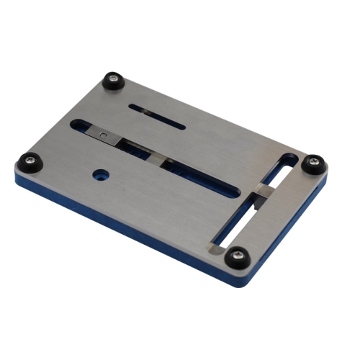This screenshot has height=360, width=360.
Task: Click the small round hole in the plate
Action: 99,174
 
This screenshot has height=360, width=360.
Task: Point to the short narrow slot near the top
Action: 157,117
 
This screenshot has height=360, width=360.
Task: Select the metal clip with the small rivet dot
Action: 105,135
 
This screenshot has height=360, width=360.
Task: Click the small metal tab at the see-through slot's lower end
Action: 217,248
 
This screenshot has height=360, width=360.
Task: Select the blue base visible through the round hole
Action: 99,175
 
